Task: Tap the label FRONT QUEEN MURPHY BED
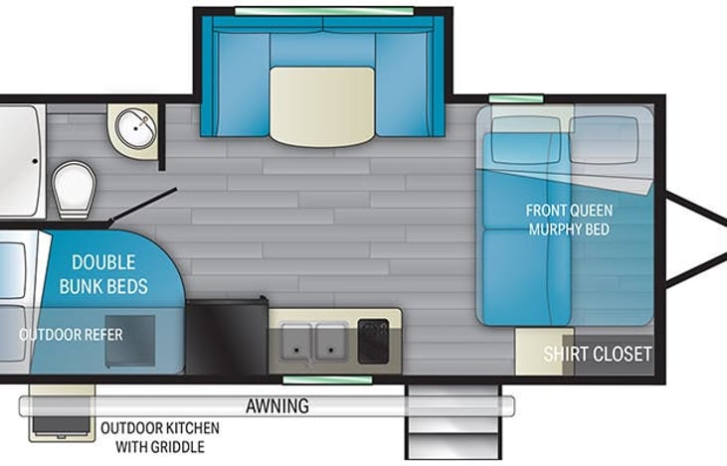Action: pyautogui.click(x=569, y=220)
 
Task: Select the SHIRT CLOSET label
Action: pyautogui.click(x=597, y=354)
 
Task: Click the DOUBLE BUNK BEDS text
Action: pyautogui.click(x=109, y=275)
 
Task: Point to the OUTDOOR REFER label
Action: pyautogui.click(x=71, y=335)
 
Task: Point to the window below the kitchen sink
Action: pyautogui.click(x=307, y=379)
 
